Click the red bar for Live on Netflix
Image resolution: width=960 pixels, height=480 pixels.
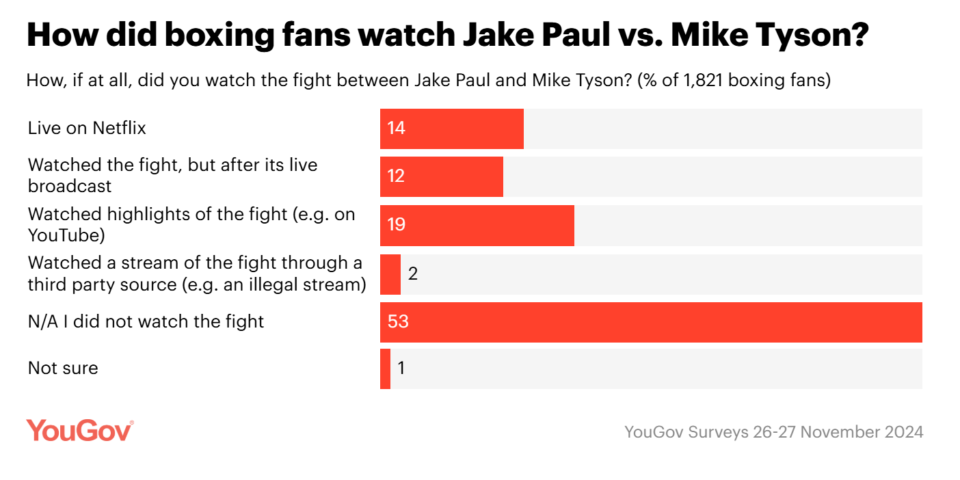pos(451,129)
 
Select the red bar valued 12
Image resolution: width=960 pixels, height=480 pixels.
pos(441,176)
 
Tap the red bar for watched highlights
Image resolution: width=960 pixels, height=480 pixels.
pos(477,225)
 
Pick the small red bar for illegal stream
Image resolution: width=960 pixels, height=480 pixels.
pos(390,274)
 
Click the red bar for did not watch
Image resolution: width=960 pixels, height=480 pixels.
pos(650,322)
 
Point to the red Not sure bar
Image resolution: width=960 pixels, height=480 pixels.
pos(385,369)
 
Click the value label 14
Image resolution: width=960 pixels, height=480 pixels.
pos(396,128)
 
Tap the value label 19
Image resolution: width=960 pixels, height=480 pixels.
pos(396,224)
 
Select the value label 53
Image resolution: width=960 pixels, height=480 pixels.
pos(397,321)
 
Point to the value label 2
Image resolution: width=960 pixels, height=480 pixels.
pos(412,274)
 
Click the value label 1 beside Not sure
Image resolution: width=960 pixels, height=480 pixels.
pos(401,369)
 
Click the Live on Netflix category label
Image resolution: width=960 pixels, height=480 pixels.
pos(87,128)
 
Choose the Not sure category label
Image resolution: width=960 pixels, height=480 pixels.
pos(63,369)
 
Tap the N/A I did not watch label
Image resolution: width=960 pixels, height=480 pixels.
pos(146,321)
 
